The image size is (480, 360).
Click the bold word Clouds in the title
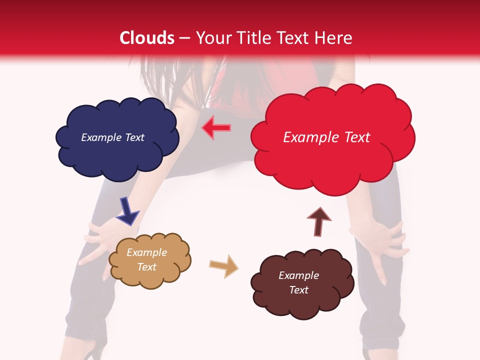pos(147,38)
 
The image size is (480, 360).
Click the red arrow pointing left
pos(216,128)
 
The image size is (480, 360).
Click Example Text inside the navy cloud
pos(112,137)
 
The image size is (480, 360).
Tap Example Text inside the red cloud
pos(326,137)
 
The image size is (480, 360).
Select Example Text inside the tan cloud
pos(146,259)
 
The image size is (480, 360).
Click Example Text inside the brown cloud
pos(298,282)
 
